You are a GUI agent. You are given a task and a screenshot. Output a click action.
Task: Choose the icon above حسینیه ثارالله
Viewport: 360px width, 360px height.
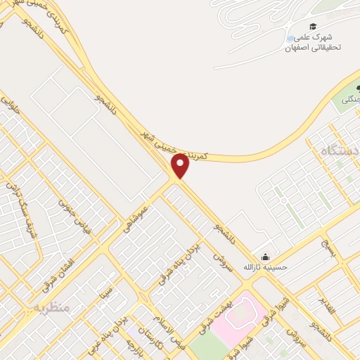click(264, 257)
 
